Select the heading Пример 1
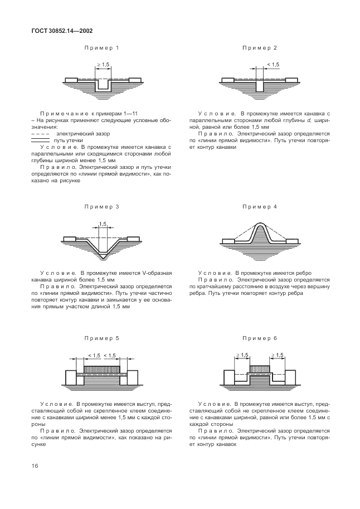pos(102,48)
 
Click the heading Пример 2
pos(260,48)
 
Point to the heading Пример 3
pos(102,207)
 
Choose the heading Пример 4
pos(260,207)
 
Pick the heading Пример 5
pos(102,338)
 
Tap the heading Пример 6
pos(260,338)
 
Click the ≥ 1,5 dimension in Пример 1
pos(103,65)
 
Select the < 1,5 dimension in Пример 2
pos(273,65)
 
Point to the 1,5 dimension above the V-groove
pos(103,224)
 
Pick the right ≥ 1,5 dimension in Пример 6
pos(276,355)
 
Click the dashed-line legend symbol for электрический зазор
pos(41,134)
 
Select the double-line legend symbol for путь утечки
pos(41,141)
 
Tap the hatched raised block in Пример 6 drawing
pos(260,369)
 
